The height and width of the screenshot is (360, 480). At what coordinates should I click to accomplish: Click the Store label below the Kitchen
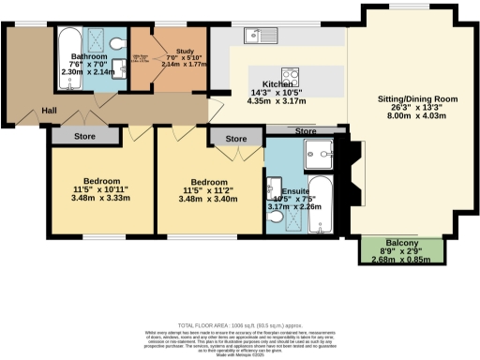tap(305, 130)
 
